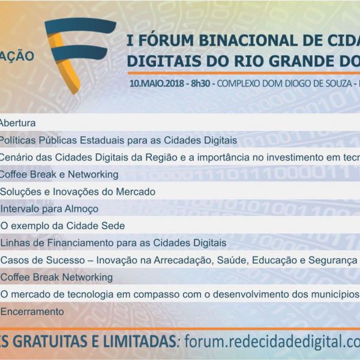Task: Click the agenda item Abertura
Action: pos(17,123)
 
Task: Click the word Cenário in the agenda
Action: pos(17,157)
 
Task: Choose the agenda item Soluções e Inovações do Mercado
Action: pos(77,192)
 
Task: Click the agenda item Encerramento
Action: pos(32,312)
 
